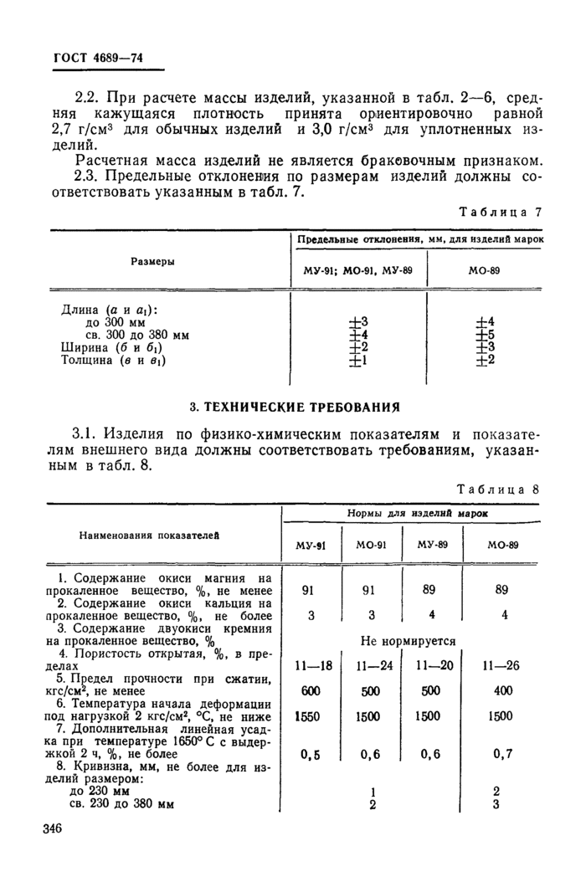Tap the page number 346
(x=53, y=828)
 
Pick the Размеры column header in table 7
(x=152, y=261)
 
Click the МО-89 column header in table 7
(x=485, y=272)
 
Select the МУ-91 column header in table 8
(x=311, y=545)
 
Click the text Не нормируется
(x=408, y=642)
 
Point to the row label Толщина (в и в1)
(x=114, y=361)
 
